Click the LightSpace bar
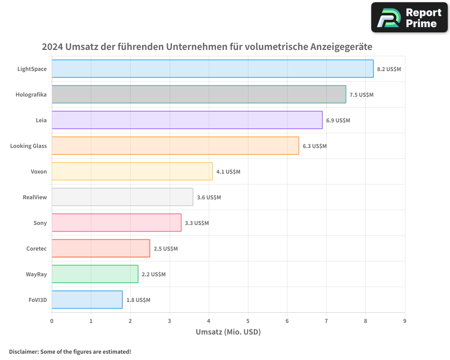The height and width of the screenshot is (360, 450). click(x=212, y=69)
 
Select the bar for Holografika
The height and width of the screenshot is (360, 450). click(x=199, y=94)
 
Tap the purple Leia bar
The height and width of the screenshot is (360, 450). click(x=187, y=120)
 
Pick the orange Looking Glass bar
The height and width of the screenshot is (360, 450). click(x=175, y=146)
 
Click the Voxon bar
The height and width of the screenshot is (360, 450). click(x=132, y=171)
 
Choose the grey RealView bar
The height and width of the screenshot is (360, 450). click(x=122, y=197)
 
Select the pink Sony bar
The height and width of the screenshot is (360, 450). click(x=117, y=223)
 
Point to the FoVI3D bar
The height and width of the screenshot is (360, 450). click(x=87, y=300)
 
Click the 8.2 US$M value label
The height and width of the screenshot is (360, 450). click(x=389, y=69)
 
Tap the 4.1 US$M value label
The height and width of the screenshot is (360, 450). click(x=228, y=172)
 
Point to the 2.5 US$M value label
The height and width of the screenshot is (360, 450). click(x=166, y=249)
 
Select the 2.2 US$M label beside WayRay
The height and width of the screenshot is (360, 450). click(x=153, y=274)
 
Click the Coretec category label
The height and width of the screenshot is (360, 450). click(x=36, y=248)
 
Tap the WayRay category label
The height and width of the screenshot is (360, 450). click(x=36, y=274)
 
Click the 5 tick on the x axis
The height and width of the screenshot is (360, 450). click(x=248, y=321)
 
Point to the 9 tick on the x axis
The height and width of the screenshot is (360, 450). click(x=405, y=321)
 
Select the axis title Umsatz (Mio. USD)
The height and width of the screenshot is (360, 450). click(x=228, y=332)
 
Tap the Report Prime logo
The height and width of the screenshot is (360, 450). click(x=409, y=18)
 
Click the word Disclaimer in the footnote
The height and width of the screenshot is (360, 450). click(x=23, y=351)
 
